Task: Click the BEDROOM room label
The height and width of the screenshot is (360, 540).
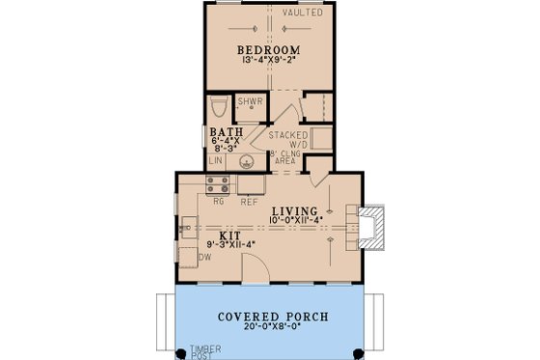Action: pos(270,50)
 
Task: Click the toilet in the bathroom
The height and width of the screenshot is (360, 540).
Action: pos(218,105)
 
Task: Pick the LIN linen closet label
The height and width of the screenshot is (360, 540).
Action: pos(216,161)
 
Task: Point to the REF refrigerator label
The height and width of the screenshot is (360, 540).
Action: pos(248,203)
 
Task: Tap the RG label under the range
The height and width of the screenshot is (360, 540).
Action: pos(218,203)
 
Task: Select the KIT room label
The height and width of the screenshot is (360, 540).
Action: pos(229,235)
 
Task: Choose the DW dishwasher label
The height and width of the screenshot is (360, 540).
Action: pos(204,258)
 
